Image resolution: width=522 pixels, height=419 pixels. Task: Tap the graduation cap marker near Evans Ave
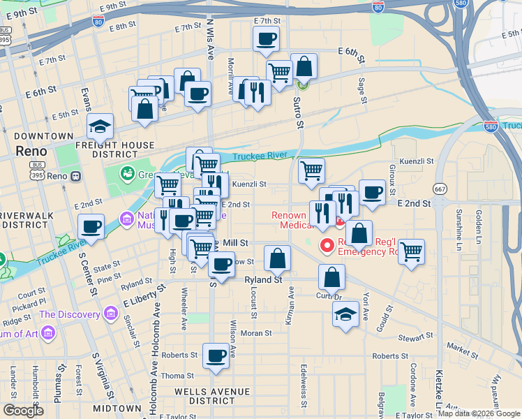(100, 126)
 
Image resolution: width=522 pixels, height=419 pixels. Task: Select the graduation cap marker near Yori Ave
(345, 314)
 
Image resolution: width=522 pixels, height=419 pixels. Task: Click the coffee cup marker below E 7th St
(266, 38)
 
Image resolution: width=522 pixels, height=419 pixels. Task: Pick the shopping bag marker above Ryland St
(278, 258)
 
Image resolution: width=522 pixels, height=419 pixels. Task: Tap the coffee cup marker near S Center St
(91, 226)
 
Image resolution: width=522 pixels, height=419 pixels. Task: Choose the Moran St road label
(256, 334)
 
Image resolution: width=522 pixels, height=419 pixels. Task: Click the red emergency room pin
(326, 245)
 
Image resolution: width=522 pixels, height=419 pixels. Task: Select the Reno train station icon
(75, 176)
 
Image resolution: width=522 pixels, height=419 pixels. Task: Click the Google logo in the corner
(23, 411)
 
